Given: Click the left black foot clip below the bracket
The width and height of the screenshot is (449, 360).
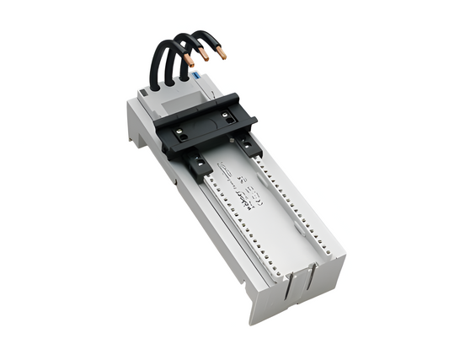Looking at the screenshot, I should click(199, 166).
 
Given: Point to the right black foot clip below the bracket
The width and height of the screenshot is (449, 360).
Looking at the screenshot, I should click(249, 145).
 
